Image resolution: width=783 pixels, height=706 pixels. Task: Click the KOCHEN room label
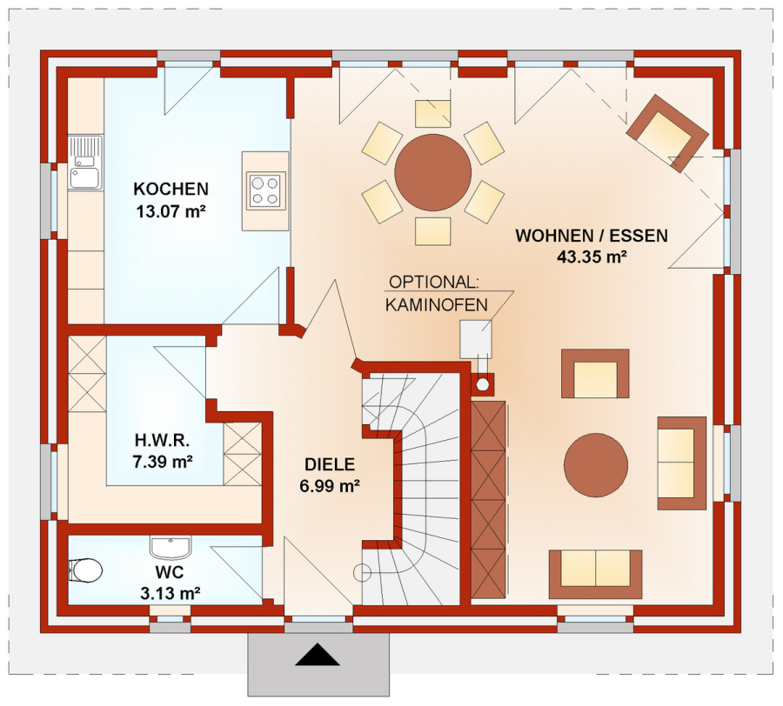tap(171, 189)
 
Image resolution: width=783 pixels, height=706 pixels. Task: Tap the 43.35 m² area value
tap(592, 257)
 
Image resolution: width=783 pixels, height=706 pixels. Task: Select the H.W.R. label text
tap(163, 440)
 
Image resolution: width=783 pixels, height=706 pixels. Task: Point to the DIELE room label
tap(330, 464)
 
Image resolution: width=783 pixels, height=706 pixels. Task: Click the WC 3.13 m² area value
tap(171, 593)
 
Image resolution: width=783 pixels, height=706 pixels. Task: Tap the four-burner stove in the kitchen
tap(265, 191)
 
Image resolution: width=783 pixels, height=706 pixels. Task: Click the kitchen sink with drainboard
tap(85, 163)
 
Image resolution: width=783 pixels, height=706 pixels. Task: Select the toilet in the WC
tap(85, 570)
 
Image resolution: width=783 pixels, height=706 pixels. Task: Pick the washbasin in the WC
tap(171, 548)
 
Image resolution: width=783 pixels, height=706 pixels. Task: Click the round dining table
tap(433, 173)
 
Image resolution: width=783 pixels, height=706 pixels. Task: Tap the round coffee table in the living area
tap(596, 465)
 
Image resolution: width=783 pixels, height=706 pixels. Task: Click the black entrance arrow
tap(318, 655)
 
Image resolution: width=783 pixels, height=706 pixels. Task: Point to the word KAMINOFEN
tap(437, 305)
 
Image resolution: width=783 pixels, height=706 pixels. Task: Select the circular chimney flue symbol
tap(483, 384)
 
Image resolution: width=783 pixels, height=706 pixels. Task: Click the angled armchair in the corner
tap(667, 133)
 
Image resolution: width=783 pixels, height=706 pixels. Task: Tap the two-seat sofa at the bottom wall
tap(595, 574)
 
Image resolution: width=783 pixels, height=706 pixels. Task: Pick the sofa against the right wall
tap(681, 463)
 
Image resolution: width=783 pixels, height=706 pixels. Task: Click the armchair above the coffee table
tap(595, 374)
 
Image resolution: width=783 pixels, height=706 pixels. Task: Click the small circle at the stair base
tap(362, 573)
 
